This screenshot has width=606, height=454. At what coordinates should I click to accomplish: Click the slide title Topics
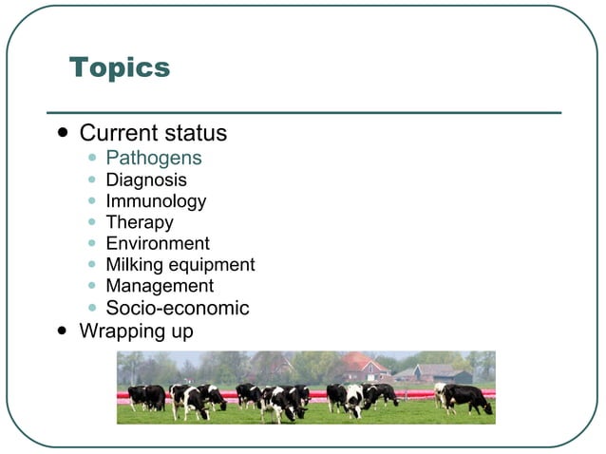[120, 68]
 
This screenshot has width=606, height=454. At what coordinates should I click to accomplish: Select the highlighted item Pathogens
[153, 158]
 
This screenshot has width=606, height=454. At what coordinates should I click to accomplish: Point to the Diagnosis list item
[146, 180]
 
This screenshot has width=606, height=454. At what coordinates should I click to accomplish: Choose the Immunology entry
[156, 201]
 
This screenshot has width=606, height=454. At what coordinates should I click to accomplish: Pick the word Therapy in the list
[140, 222]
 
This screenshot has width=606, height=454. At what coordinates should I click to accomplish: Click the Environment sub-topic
[158, 244]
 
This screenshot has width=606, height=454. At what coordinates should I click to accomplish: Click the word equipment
[212, 266]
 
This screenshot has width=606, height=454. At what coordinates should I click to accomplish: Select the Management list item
[160, 286]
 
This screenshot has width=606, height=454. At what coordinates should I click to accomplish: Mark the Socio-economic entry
[178, 308]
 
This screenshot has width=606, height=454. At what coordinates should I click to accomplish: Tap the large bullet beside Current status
[64, 133]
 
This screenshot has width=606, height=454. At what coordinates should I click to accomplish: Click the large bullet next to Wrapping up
[64, 331]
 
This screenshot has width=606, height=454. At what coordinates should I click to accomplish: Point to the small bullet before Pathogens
[91, 159]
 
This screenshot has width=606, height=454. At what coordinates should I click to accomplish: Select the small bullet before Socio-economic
[91, 309]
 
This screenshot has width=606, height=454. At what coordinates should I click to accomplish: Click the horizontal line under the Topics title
[304, 113]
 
